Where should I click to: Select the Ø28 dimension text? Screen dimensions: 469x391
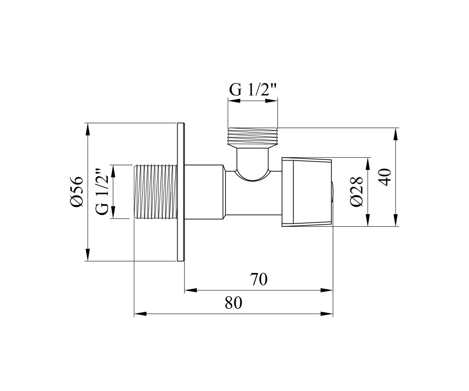pyautogui.click(x=356, y=192)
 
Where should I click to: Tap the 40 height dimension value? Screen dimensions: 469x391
pyautogui.click(x=384, y=177)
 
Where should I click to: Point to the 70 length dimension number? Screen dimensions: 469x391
pyautogui.click(x=259, y=279)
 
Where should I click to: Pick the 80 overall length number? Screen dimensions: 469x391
pyautogui.click(x=234, y=303)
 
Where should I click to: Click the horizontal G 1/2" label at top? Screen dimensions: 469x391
pyautogui.click(x=252, y=90)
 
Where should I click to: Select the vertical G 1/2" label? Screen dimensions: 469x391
pyautogui.click(x=102, y=192)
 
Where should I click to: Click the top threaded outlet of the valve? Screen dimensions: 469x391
pyautogui.click(x=253, y=137)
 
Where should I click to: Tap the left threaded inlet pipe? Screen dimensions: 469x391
pyautogui.click(x=155, y=192)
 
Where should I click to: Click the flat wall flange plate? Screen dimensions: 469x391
pyautogui.click(x=181, y=192)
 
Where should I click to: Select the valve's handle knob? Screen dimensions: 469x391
pyautogui.click(x=307, y=192)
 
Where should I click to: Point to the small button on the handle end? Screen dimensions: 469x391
pyautogui.click(x=333, y=192)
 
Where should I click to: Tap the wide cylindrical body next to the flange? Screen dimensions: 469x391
pyautogui.click(x=204, y=192)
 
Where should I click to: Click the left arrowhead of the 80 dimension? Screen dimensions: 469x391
pyautogui.click(x=140, y=314)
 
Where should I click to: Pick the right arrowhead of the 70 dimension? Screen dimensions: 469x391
pyautogui.click(x=327, y=291)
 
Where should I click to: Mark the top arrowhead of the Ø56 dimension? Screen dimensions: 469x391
pyautogui.click(x=88, y=129)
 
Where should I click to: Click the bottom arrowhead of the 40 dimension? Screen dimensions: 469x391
pyautogui.click(x=396, y=220)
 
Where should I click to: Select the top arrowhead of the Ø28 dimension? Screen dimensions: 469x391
pyautogui.click(x=368, y=163)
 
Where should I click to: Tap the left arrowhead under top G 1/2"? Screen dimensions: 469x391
pyautogui.click(x=234, y=101)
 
